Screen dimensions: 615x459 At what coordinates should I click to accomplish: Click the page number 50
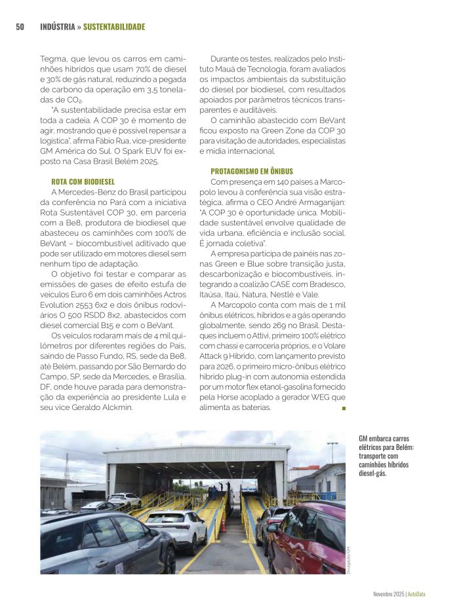[x=20, y=27]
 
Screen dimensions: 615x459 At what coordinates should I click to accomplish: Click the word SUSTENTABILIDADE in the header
[x=114, y=27]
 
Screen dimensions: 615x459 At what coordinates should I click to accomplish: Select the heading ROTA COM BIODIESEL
[x=83, y=181]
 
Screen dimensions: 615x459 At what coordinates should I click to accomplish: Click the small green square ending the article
[x=343, y=407]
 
